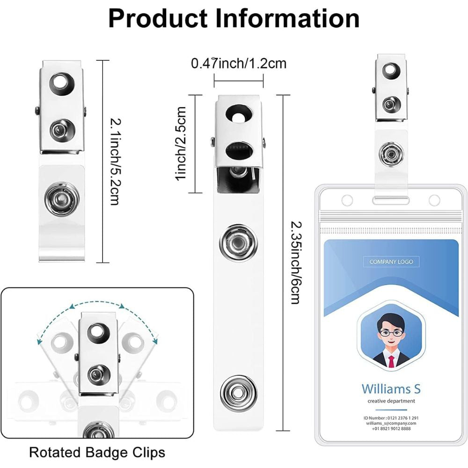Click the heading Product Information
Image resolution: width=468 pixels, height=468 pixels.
pyautogui.click(x=234, y=19)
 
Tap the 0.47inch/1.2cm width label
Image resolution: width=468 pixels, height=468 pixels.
pyautogui.click(x=239, y=63)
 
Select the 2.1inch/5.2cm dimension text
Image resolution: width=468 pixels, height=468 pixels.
pyautogui.click(x=114, y=161)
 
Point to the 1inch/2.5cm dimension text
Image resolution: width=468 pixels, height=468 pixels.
pyautogui.click(x=180, y=143)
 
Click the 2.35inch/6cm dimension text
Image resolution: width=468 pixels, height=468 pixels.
pyautogui.click(x=294, y=262)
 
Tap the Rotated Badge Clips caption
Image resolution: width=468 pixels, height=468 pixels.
pyautogui.click(x=97, y=453)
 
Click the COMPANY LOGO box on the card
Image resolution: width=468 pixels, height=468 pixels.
pyautogui.click(x=391, y=262)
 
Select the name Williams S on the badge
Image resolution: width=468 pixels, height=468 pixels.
pyautogui.click(x=391, y=388)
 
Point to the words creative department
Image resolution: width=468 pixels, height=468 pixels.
pyautogui.click(x=391, y=401)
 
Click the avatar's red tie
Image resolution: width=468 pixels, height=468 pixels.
pyautogui.click(x=391, y=361)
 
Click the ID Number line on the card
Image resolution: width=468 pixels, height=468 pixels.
pyautogui.click(x=391, y=417)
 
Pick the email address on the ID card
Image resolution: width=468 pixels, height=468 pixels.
pyautogui.click(x=391, y=423)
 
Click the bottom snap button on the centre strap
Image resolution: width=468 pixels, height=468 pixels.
pyautogui.click(x=238, y=390)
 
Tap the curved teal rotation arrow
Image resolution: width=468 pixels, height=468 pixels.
pyautogui.click(x=96, y=306)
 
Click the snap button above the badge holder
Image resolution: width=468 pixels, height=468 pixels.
pyautogui.click(x=391, y=154)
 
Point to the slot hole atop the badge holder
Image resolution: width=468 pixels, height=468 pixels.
pyautogui.click(x=391, y=201)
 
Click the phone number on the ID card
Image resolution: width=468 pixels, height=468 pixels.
pyautogui.click(x=391, y=429)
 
